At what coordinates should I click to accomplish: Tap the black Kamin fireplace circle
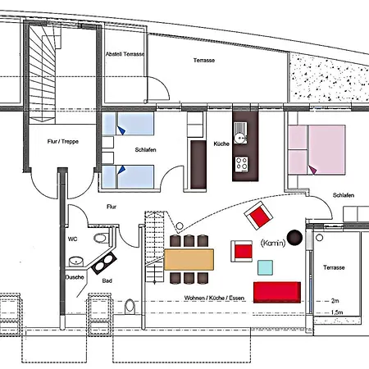pos(294,238)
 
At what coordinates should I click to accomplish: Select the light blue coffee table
pos(265,266)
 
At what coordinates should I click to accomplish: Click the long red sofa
pos(278,291)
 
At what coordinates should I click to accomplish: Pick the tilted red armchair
pos(260,217)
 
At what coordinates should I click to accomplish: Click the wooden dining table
pos(190,260)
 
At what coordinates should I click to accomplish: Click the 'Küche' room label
pos(221,143)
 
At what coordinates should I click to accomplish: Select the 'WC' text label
pos(72,239)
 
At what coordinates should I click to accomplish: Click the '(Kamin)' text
pos(271,244)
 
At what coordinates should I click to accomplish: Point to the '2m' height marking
pos(334,301)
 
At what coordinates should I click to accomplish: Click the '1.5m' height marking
pos(335,313)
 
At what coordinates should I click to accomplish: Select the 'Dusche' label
pos(75,276)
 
